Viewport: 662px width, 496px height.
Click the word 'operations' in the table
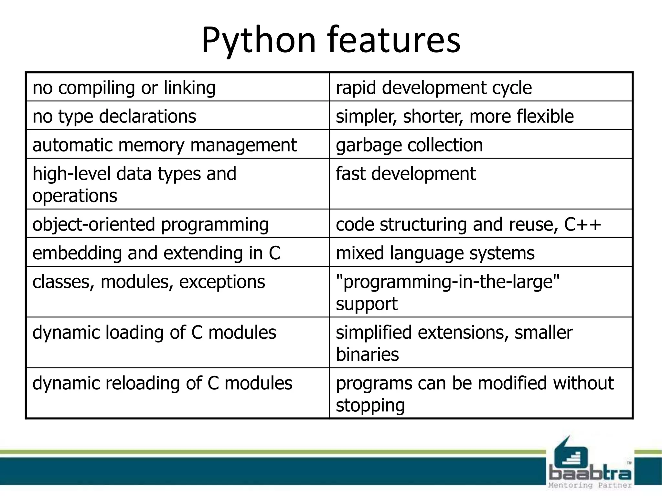pos(75,196)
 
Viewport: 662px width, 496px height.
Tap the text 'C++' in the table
pos(582,224)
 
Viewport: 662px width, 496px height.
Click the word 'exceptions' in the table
pos(222,282)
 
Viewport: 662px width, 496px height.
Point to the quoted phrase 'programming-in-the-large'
pos(448,282)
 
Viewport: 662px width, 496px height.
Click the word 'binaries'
pos(367,355)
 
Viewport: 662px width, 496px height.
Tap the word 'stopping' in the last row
pos(370,405)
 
